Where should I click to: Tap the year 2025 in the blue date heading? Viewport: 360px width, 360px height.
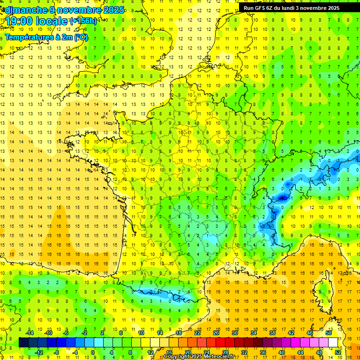point(113,10)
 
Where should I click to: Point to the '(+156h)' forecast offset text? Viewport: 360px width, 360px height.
point(83,21)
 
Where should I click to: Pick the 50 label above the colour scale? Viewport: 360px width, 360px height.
point(328,333)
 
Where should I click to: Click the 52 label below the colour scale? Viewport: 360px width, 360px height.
point(337,352)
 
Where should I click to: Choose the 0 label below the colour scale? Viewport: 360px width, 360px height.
point(93,352)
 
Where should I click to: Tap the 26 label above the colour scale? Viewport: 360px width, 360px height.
point(216,333)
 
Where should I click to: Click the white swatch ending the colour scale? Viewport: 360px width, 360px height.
point(333,343)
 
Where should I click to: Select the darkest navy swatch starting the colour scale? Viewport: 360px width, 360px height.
point(23,343)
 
